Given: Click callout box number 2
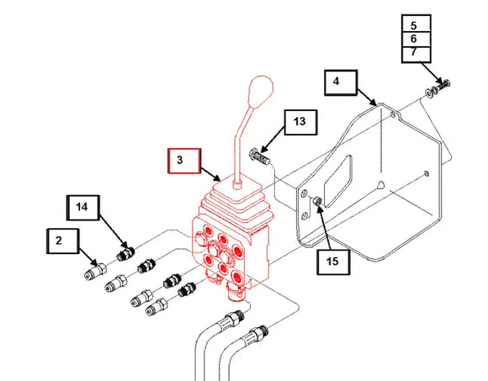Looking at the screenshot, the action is (x=62, y=241).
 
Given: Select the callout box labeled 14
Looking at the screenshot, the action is (x=82, y=208).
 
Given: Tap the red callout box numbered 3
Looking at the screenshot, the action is (x=184, y=161).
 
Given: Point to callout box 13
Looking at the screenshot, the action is (x=300, y=122).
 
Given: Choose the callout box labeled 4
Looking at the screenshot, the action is (x=341, y=82).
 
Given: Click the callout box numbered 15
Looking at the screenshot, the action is (x=333, y=262).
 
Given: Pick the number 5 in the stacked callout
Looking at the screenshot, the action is (x=414, y=25).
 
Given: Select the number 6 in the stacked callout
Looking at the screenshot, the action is (x=414, y=39).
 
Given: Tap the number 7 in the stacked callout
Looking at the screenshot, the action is (x=414, y=51).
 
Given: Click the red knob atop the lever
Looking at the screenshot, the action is (x=261, y=92).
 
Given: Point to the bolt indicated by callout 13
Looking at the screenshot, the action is (x=259, y=157).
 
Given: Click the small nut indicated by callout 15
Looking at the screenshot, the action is (x=317, y=201).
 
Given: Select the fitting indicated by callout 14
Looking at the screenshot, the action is (x=125, y=253).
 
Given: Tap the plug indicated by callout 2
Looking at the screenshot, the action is (x=96, y=271).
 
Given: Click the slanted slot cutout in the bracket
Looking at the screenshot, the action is (x=338, y=181).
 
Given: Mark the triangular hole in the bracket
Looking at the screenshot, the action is (x=380, y=185).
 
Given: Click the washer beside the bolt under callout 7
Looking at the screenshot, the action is (x=429, y=93).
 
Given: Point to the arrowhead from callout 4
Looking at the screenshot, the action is (x=374, y=103).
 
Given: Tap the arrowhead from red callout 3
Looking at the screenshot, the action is (x=217, y=178).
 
